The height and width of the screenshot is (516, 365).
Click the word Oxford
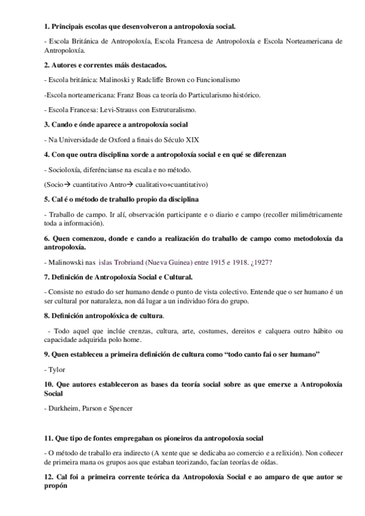(x=104, y=139)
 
